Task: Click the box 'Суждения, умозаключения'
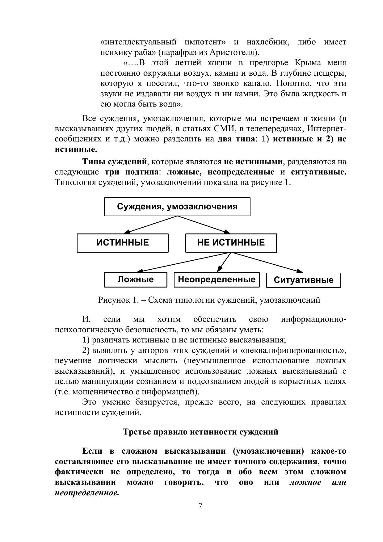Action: point(177,207)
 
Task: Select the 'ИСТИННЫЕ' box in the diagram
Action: point(123,243)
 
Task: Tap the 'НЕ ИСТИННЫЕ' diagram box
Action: point(231,243)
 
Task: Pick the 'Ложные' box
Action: point(136,279)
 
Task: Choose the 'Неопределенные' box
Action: point(217,279)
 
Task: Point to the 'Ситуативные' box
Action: point(303,280)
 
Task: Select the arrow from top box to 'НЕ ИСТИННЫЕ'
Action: point(204,225)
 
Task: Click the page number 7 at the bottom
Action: point(200,506)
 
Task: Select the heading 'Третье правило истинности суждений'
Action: point(200,431)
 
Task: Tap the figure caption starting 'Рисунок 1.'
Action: point(209,300)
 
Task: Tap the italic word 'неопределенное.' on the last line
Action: point(87,493)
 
